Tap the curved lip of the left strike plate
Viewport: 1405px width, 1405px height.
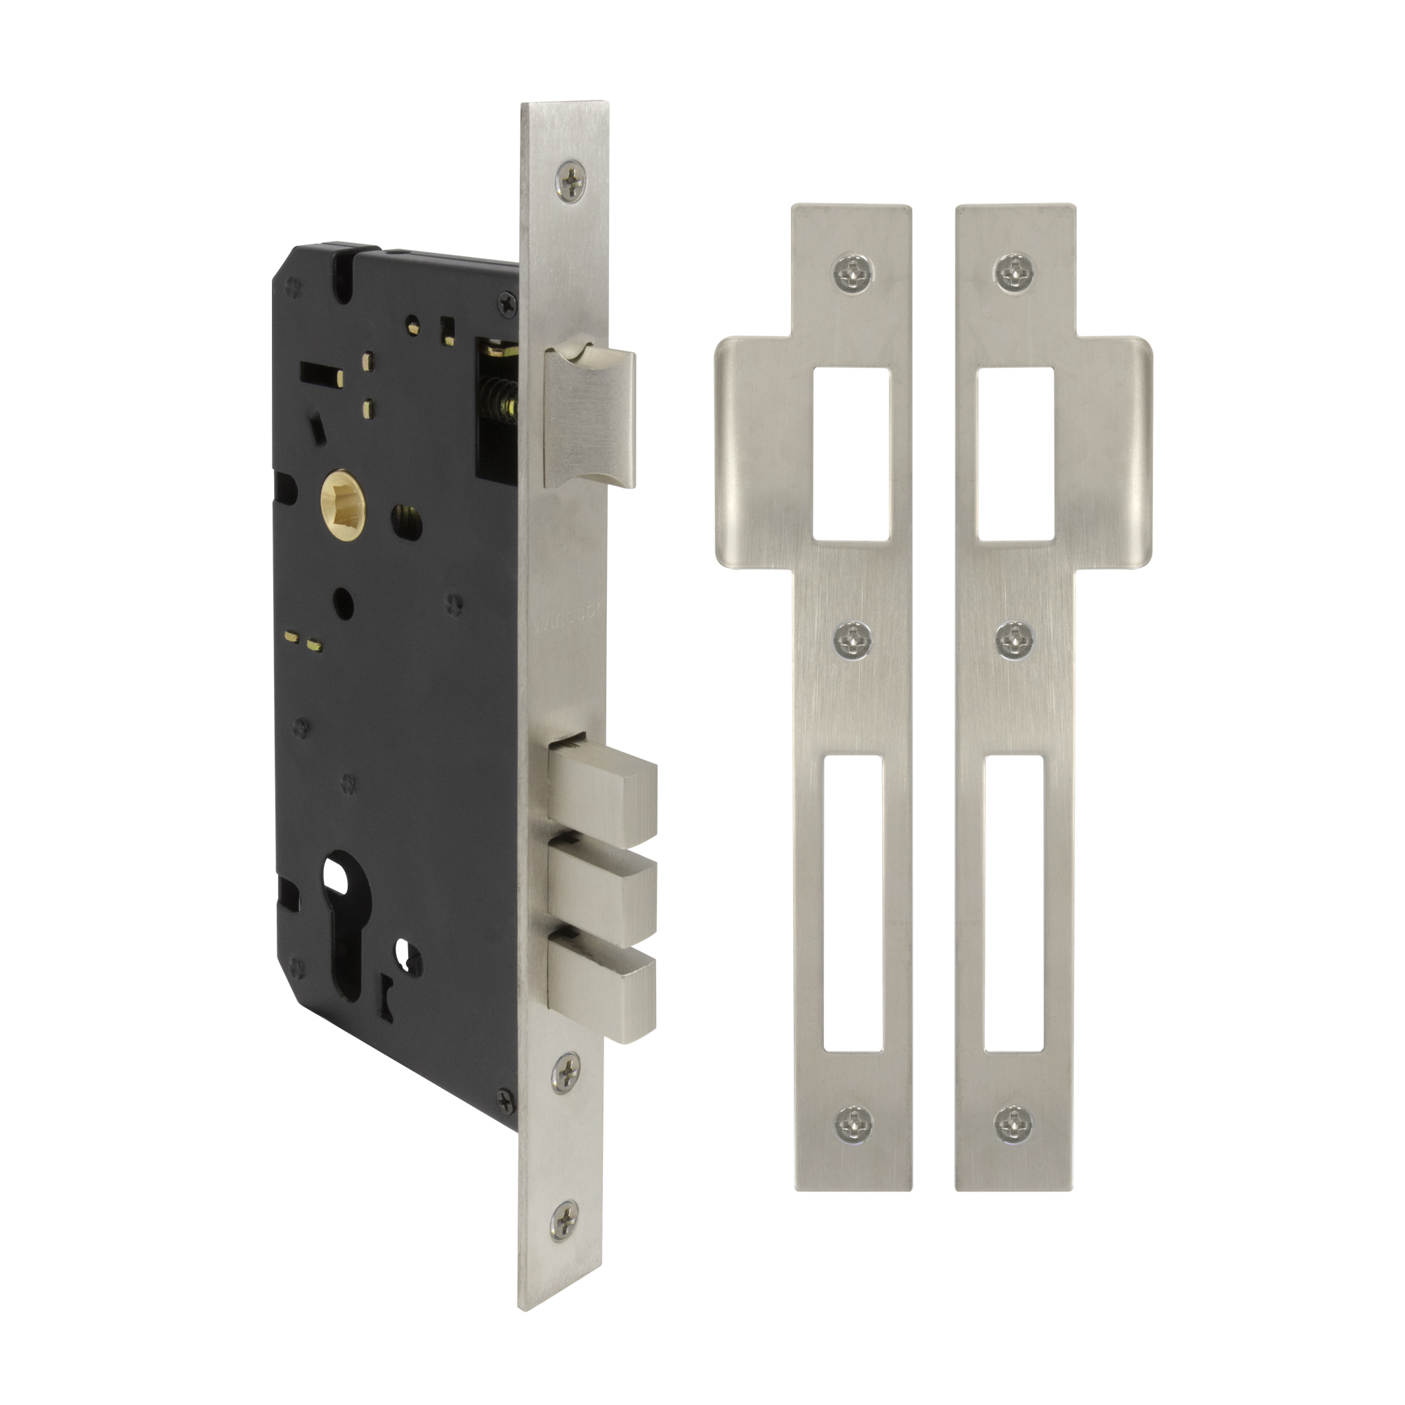pos(749,451)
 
